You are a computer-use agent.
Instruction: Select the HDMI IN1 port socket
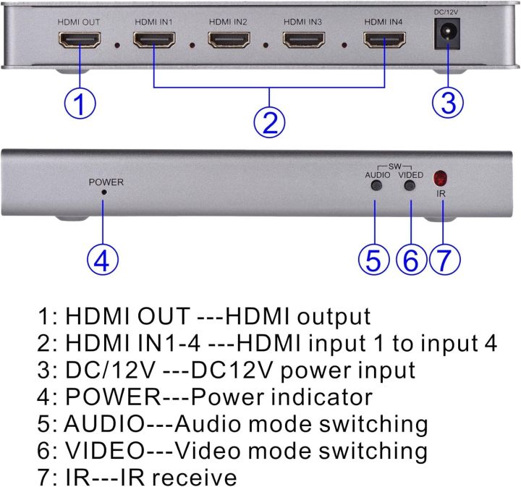coord(153,41)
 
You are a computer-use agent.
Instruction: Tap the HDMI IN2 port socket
coord(229,41)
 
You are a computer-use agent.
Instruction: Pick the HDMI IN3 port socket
coord(304,41)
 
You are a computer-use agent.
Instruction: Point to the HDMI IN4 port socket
coord(384,41)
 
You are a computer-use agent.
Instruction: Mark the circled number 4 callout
coord(103,259)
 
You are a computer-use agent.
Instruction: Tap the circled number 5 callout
coord(373,259)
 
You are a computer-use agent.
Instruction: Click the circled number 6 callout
coord(411,259)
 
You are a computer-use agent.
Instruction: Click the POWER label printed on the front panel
coord(106,182)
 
